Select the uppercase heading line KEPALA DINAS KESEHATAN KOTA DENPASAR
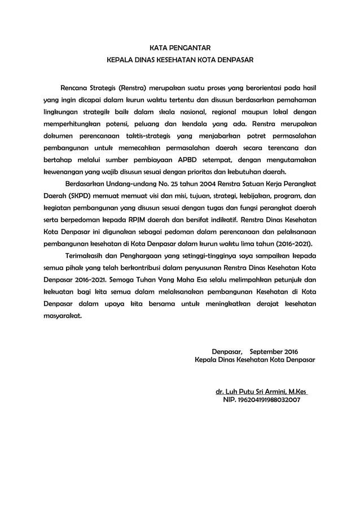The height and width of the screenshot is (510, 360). pyautogui.click(x=181, y=59)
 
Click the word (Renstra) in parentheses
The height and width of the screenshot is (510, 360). pyautogui.click(x=131, y=89)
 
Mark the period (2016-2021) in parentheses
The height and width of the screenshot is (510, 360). pyautogui.click(x=293, y=244)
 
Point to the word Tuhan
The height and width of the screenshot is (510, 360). pyautogui.click(x=160, y=280)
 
